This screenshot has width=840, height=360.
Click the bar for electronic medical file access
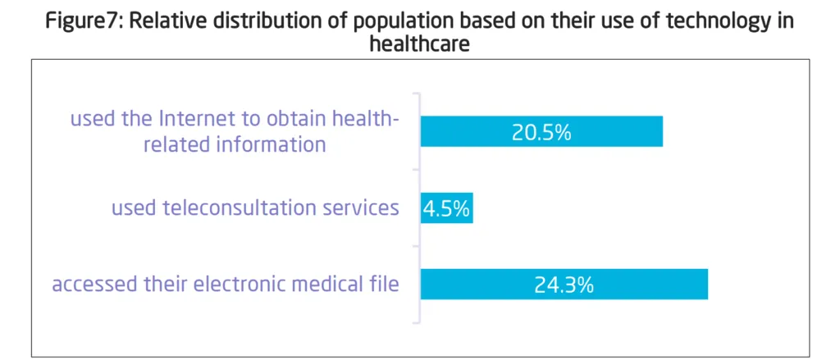pos(640,285)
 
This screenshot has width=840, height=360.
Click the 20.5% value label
pos(541,132)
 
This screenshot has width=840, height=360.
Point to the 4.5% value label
pos(446,208)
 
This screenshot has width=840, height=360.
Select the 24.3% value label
pos(564,285)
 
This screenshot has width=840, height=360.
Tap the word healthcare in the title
pos(419,44)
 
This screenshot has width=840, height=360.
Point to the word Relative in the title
pos(167,21)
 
